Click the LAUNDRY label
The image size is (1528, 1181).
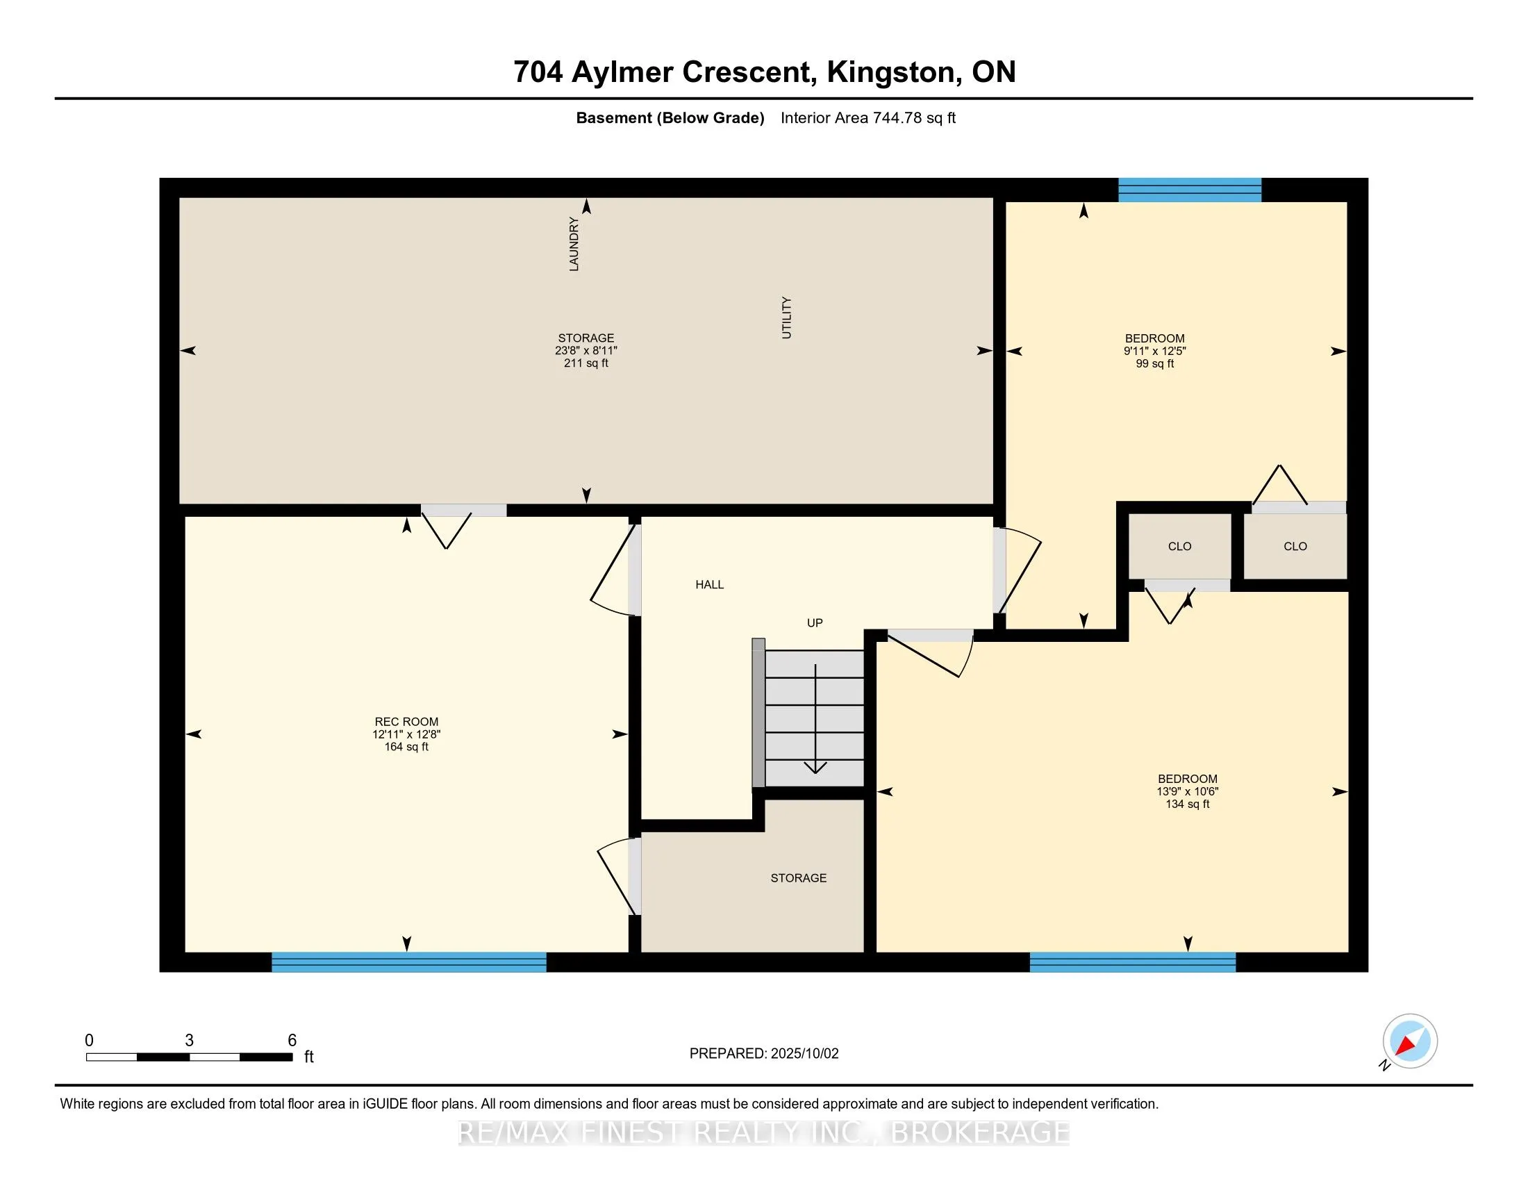click(574, 244)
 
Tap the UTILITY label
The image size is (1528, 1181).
click(786, 317)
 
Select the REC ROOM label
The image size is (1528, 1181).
click(406, 721)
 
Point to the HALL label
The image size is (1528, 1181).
click(709, 584)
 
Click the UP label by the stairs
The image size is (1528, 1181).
click(815, 622)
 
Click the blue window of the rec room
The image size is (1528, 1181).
click(408, 962)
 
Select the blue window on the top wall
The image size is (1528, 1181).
click(1189, 190)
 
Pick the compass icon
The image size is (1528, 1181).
click(1410, 1041)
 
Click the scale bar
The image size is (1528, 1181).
click(189, 1057)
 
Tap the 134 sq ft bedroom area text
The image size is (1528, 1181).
click(1187, 804)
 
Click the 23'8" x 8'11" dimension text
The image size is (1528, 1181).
click(586, 351)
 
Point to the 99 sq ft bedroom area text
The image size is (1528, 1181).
click(1154, 363)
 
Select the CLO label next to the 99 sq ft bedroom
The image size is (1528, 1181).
click(1295, 547)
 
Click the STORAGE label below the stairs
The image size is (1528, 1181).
click(798, 877)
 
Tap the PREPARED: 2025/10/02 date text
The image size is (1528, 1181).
click(764, 1054)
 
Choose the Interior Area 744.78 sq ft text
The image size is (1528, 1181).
click(868, 117)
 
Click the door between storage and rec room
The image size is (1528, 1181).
click(463, 511)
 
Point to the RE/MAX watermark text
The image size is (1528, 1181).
click(764, 1132)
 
